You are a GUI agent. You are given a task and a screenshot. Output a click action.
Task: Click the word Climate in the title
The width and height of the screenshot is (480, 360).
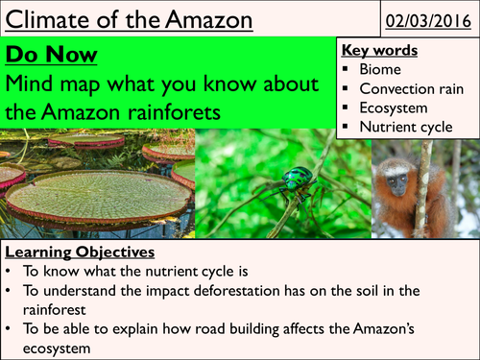click(50, 19)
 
